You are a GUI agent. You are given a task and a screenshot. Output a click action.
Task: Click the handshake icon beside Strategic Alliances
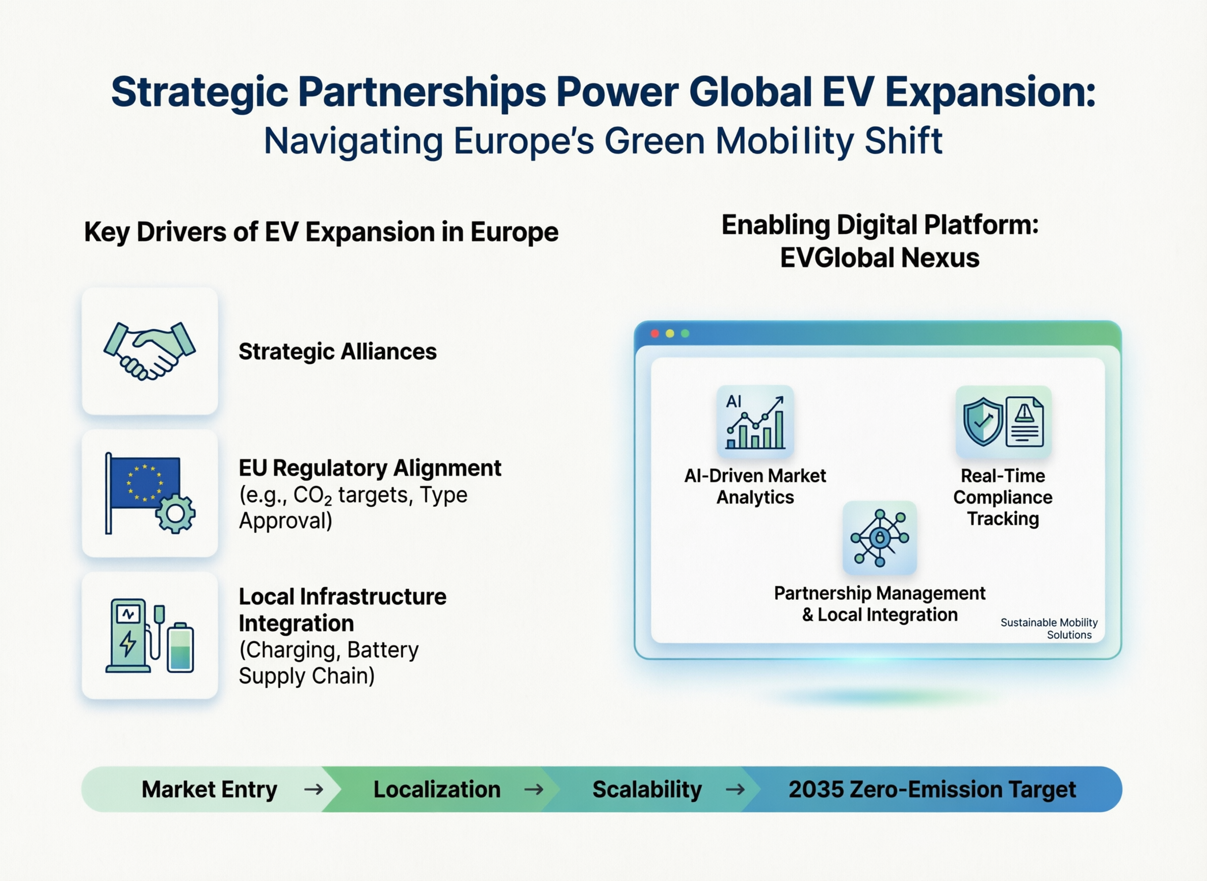click(x=150, y=351)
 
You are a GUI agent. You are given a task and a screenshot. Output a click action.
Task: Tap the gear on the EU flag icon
click(x=175, y=513)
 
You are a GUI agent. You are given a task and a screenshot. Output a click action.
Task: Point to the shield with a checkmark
click(x=983, y=421)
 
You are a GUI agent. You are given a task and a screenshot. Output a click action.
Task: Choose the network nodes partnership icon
click(x=880, y=537)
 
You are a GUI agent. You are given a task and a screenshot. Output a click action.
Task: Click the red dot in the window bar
click(x=654, y=333)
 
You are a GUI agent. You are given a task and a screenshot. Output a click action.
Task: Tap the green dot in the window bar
click(x=685, y=333)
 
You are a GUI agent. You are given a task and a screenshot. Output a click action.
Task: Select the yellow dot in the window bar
click(x=670, y=333)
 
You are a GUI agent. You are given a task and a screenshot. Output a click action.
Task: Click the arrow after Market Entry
click(x=313, y=789)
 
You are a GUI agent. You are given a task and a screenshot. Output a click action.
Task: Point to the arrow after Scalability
click(x=735, y=789)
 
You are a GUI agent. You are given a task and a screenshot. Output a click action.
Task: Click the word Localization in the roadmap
click(x=437, y=789)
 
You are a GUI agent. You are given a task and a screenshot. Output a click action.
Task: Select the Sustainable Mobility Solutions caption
click(x=1048, y=628)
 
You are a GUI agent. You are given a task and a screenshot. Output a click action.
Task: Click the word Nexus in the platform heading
click(x=940, y=257)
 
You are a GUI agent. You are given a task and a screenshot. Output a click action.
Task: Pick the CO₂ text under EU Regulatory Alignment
click(x=312, y=496)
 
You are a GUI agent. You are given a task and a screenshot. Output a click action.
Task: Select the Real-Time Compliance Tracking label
click(x=1003, y=497)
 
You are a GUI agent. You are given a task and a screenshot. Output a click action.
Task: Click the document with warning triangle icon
click(x=1024, y=421)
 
